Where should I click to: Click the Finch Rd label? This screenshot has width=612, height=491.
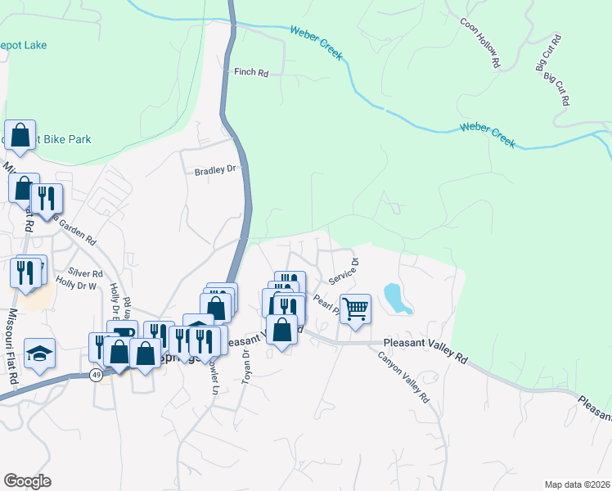click(x=251, y=73)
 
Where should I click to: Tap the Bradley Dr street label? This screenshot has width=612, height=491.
click(x=214, y=171)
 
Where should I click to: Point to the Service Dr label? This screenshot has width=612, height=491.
click(x=344, y=270)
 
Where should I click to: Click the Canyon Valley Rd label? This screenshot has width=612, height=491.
click(x=403, y=377)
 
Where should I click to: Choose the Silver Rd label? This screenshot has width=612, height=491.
click(x=85, y=273)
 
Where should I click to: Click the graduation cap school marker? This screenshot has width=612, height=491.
click(x=39, y=353)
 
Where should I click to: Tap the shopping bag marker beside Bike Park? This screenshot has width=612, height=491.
click(x=20, y=135)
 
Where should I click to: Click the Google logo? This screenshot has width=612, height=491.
click(x=27, y=481)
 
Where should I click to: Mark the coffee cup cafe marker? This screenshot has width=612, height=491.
click(x=123, y=332)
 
